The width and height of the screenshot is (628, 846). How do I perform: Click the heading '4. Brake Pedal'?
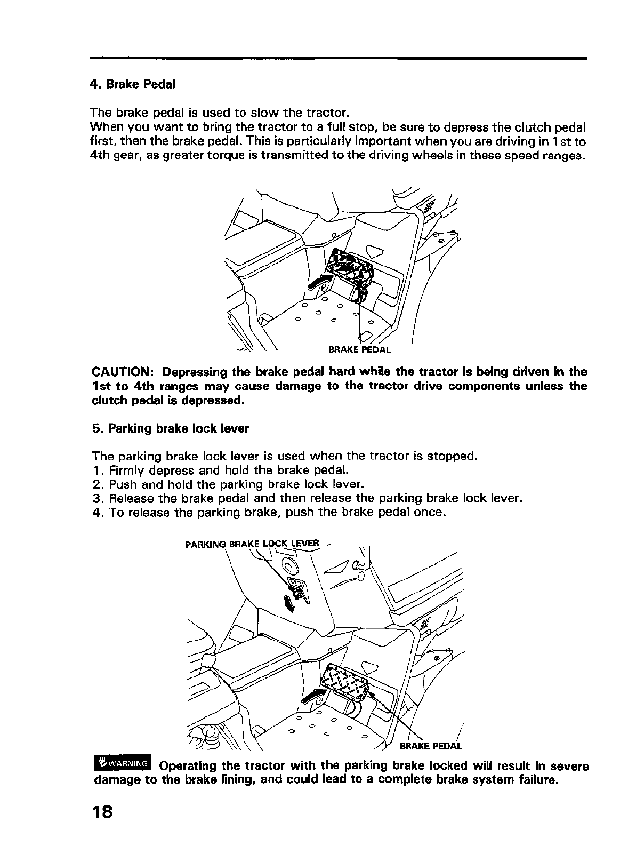(x=133, y=84)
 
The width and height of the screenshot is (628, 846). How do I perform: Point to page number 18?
(x=101, y=811)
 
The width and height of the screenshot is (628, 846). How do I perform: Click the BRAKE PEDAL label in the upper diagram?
(x=359, y=350)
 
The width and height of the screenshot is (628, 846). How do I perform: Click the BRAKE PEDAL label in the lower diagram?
(x=430, y=745)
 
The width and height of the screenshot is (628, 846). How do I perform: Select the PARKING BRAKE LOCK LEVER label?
(x=252, y=545)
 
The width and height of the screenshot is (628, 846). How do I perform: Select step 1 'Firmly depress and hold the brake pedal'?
(x=220, y=470)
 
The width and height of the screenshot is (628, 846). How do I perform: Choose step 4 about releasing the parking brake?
(x=268, y=513)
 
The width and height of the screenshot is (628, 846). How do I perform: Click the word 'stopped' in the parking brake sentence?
(x=452, y=456)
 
